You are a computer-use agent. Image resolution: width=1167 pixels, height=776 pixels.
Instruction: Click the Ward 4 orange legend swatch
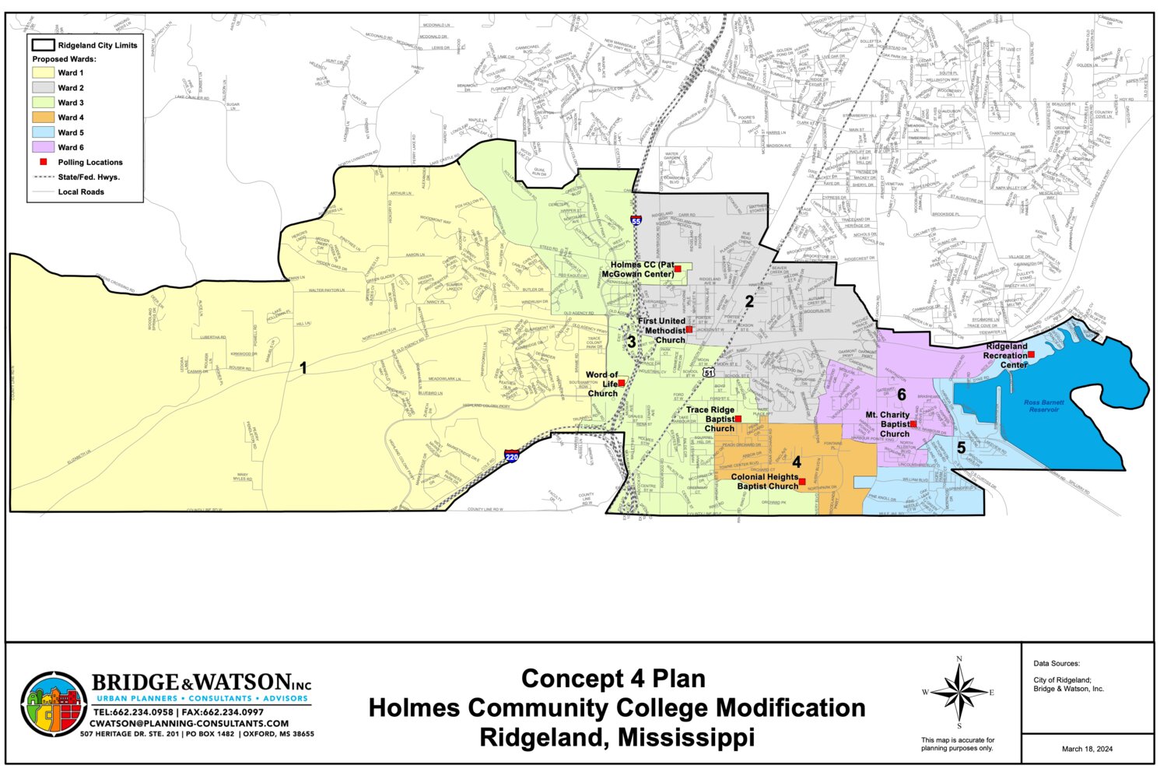click(43, 118)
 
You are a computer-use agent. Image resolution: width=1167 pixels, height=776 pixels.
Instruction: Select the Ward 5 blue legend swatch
click(43, 132)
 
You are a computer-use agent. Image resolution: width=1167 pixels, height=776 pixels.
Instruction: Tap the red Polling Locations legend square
click(44, 162)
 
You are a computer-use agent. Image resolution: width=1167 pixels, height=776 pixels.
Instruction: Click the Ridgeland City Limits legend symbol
click(43, 45)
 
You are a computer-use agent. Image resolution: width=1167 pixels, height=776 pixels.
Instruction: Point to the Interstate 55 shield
click(636, 221)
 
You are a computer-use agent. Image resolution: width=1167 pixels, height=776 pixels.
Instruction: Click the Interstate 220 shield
click(511, 456)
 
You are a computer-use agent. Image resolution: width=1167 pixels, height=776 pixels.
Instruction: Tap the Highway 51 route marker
click(708, 374)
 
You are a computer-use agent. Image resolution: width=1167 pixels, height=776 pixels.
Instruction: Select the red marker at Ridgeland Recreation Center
click(1031, 355)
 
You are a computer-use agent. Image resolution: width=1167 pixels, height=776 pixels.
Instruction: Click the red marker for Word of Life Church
click(621, 383)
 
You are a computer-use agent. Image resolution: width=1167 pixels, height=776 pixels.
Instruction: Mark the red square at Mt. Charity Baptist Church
click(913, 424)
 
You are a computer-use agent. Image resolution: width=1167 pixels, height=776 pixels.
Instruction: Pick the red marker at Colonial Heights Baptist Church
click(802, 482)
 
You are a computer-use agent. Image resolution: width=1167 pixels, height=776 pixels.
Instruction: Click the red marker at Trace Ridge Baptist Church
click(738, 420)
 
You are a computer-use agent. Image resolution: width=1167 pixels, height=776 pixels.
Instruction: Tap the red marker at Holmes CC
click(678, 269)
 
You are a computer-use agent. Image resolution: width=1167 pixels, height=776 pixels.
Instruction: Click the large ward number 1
click(303, 367)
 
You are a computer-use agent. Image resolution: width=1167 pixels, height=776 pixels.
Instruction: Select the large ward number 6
click(902, 395)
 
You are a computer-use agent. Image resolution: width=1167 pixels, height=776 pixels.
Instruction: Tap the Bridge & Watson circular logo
click(54, 704)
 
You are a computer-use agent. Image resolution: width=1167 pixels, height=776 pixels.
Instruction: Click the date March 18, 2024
click(1087, 749)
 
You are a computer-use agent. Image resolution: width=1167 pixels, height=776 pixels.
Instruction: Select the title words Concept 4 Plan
click(613, 678)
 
